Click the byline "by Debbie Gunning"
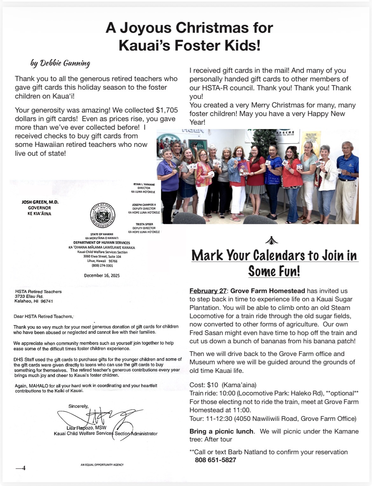click(60, 63)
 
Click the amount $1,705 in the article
click(167, 110)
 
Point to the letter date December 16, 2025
click(102, 276)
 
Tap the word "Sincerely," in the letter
click(79, 406)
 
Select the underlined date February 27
click(208, 291)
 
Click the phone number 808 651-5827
click(215, 460)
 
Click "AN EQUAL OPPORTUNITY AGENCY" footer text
click(102, 465)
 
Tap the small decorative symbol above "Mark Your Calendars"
click(272, 241)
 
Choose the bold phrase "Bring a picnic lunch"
click(221, 431)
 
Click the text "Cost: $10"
click(204, 385)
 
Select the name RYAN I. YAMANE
click(144, 184)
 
